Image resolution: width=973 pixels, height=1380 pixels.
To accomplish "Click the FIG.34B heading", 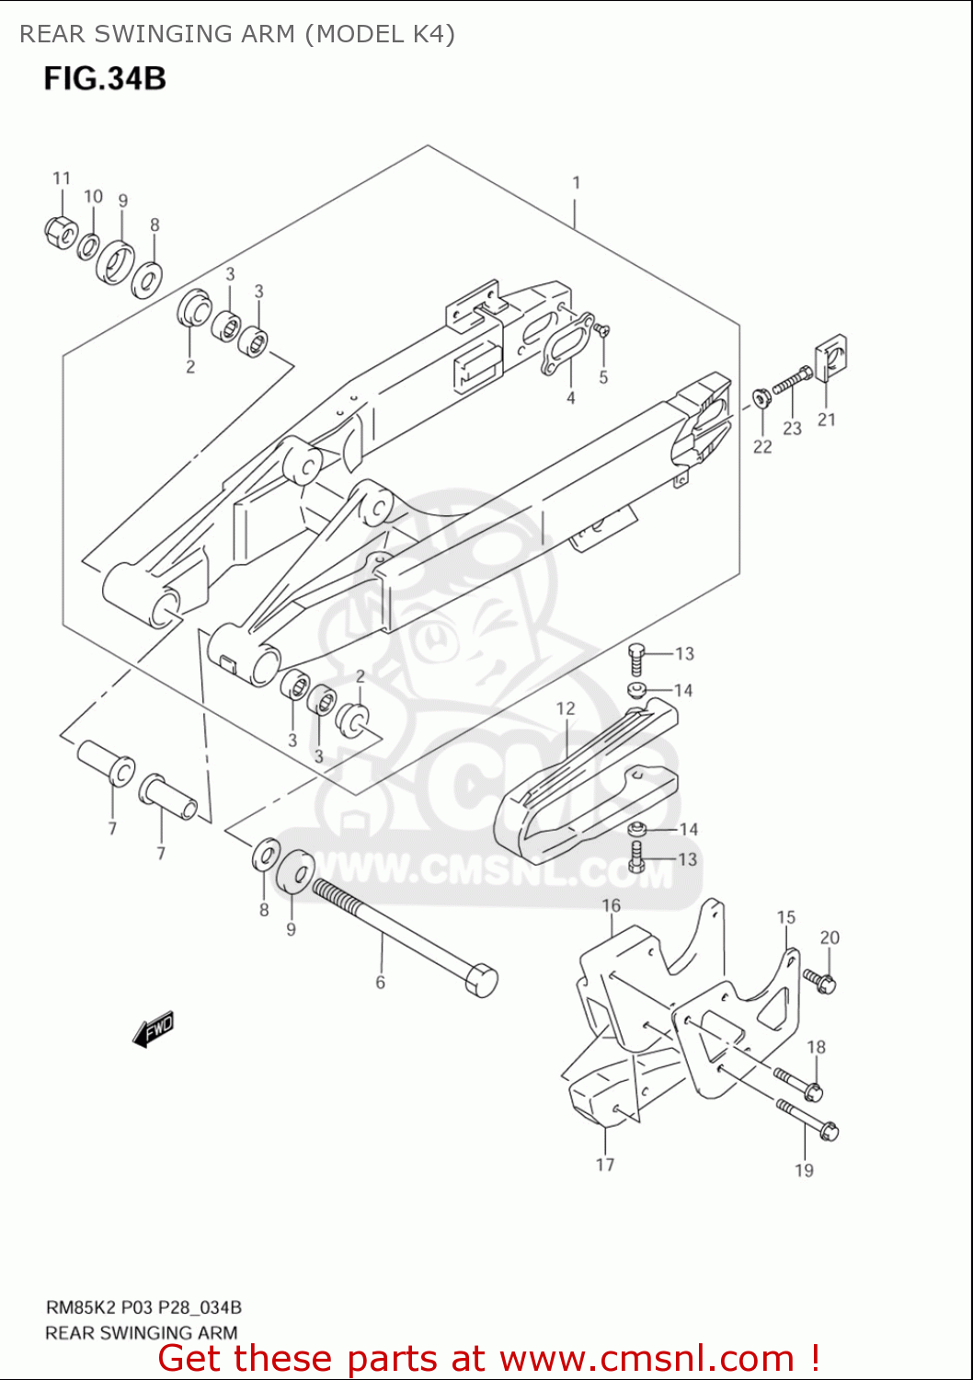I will (x=105, y=78).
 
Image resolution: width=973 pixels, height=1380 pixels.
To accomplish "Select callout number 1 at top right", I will (x=577, y=183).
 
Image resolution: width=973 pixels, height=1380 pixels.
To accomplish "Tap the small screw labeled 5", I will (x=602, y=328).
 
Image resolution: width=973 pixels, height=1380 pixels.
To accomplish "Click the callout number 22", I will (x=762, y=447).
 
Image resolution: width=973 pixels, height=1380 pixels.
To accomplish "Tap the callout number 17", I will (x=605, y=1165).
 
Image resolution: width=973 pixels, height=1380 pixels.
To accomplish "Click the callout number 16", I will (x=612, y=906).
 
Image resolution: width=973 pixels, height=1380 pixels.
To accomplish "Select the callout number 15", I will (x=785, y=917).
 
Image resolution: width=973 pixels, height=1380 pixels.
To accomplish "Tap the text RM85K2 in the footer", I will (x=81, y=1307).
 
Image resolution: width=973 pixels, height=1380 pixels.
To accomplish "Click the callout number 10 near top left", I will (x=93, y=196).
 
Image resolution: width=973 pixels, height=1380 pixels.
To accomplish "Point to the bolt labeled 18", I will (x=798, y=1083).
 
